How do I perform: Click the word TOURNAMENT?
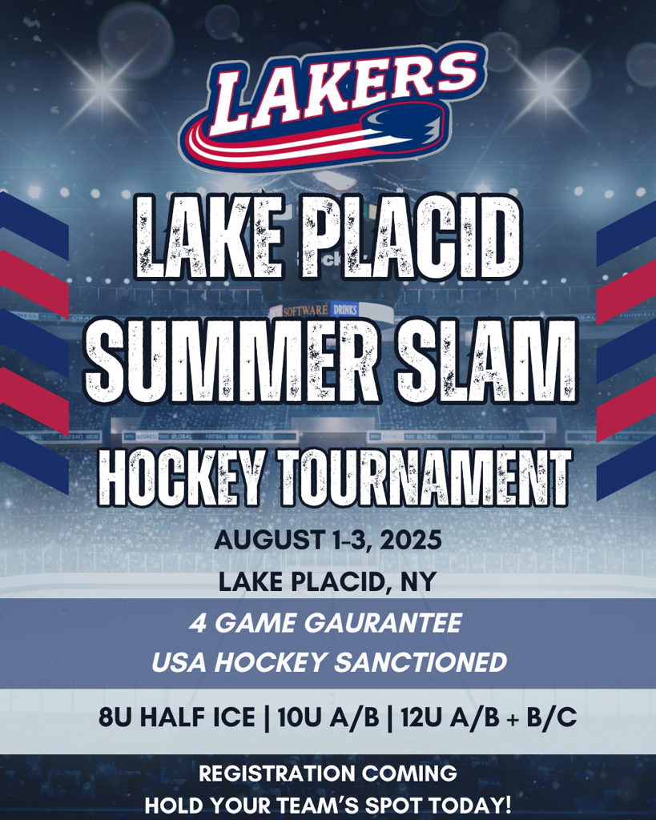point(425,479)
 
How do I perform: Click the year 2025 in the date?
point(411,540)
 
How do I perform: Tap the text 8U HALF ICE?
point(177,717)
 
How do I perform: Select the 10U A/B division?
point(328,717)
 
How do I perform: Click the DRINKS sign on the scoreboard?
point(345,310)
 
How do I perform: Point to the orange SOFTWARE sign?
point(306,312)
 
